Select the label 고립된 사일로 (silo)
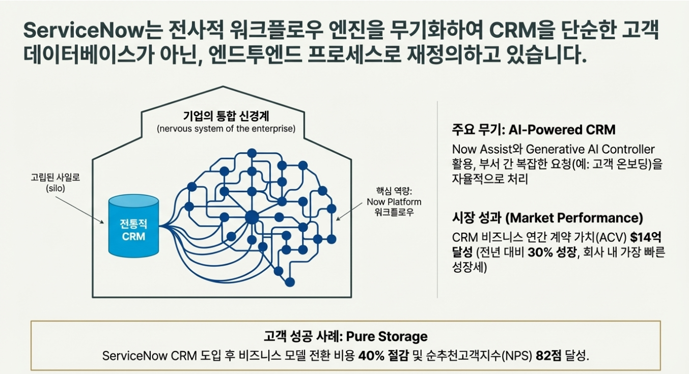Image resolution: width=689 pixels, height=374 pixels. (56, 183)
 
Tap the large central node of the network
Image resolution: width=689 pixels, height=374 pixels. (252, 218)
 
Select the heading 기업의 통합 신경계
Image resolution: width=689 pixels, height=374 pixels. (226, 116)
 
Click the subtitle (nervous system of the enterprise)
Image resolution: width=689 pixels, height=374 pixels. (226, 128)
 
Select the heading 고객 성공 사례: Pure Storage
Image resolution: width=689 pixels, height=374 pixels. (345, 336)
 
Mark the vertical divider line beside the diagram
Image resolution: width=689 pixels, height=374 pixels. (438, 198)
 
